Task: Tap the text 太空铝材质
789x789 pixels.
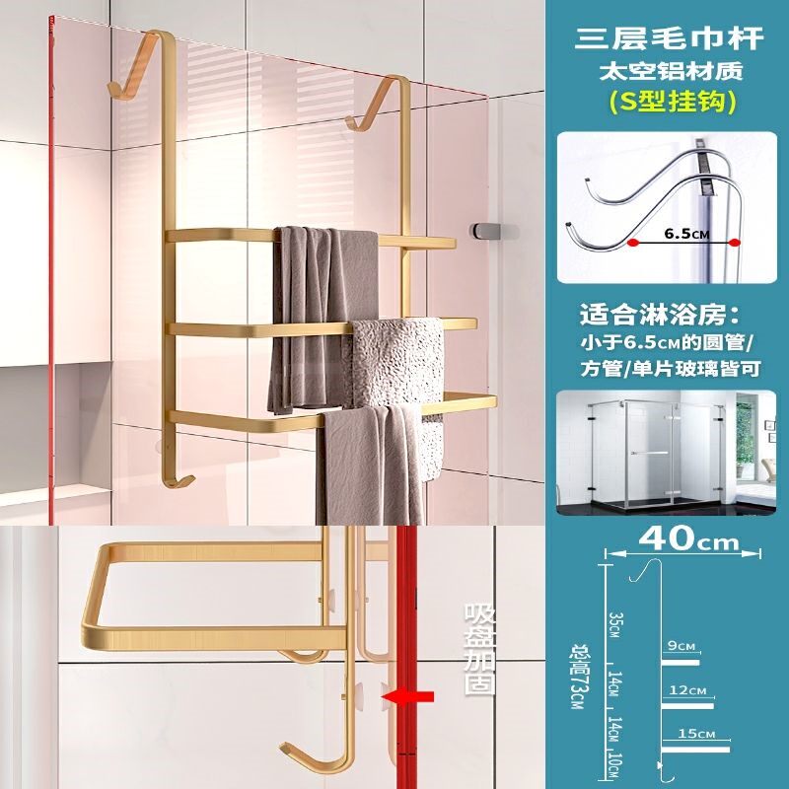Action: pyautogui.click(x=671, y=72)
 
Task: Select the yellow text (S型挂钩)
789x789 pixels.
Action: pyautogui.click(x=671, y=101)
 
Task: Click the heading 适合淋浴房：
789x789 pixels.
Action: pyautogui.click(x=671, y=317)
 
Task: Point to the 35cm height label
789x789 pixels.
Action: pyautogui.click(x=612, y=624)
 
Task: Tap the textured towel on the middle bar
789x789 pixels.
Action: pyautogui.click(x=398, y=360)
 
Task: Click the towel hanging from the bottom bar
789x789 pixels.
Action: pyautogui.click(x=375, y=464)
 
